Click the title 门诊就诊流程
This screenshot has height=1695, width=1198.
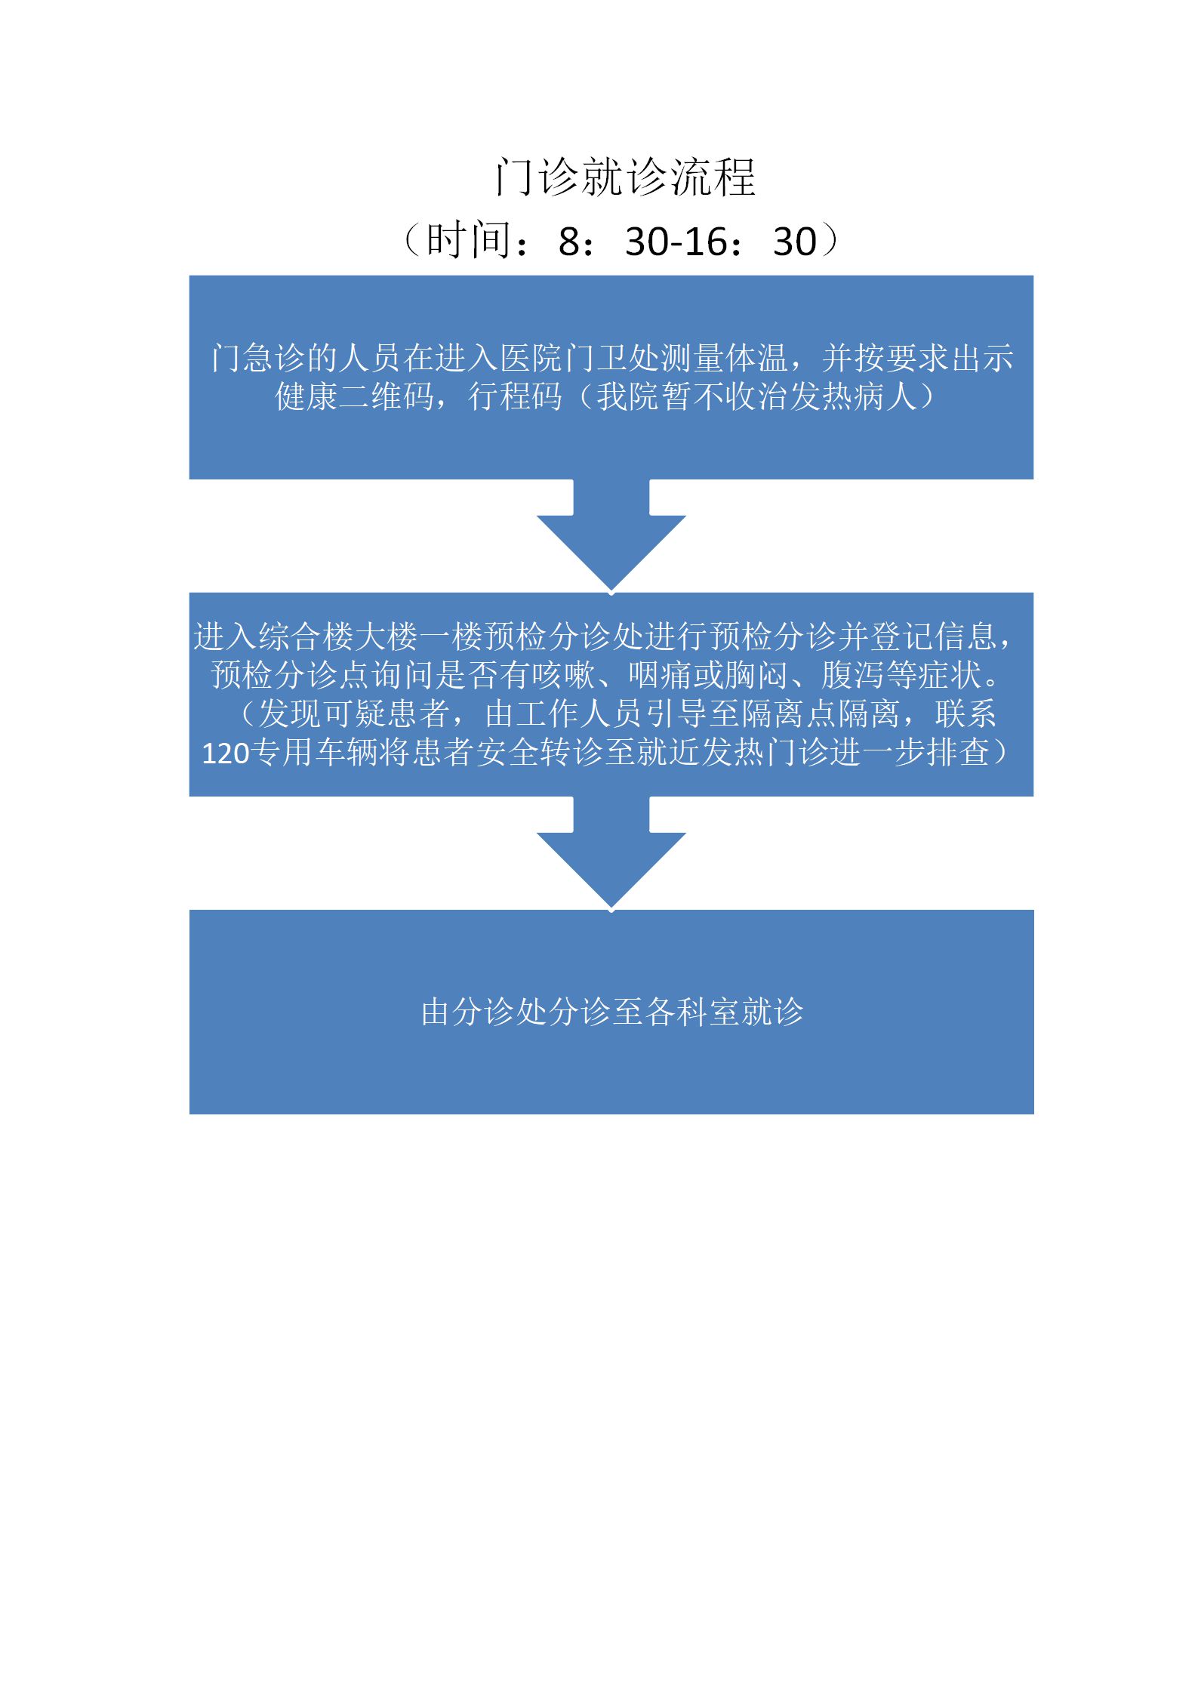coord(625,177)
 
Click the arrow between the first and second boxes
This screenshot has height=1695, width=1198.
coord(611,535)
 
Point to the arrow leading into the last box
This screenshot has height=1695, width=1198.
coord(611,852)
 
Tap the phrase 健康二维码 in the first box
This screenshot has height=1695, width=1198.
coord(354,396)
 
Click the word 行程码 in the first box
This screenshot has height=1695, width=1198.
coord(516,396)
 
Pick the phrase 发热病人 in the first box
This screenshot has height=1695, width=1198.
coord(853,396)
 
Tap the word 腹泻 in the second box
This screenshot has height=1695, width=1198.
coord(853,675)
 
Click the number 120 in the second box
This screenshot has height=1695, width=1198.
coord(226,753)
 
